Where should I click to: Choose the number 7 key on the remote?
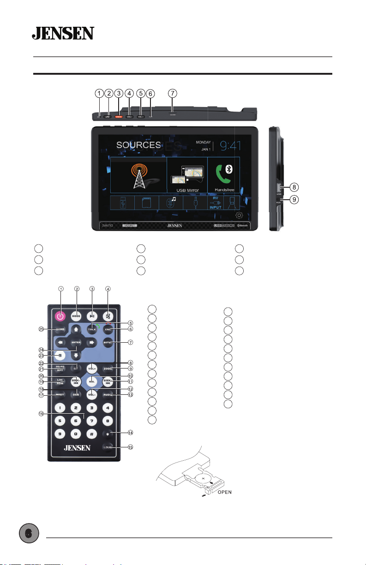[x=92, y=420]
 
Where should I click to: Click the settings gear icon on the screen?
[x=240, y=215]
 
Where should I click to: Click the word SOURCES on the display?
[x=138, y=145]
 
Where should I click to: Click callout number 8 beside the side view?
[x=294, y=187]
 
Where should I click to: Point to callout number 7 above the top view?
[x=172, y=93]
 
